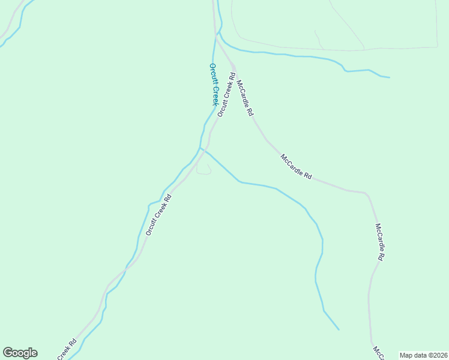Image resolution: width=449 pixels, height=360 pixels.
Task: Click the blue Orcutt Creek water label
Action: click(x=213, y=85)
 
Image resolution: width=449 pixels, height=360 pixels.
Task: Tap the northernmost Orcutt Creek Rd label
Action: click(x=226, y=94)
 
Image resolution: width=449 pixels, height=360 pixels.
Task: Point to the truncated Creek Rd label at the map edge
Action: click(x=67, y=350)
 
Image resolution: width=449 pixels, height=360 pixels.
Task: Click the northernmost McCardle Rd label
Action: click(x=245, y=98)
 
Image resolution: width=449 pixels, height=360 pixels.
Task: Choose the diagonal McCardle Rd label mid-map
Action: click(x=296, y=167)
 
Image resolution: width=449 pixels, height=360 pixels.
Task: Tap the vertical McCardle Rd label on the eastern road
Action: click(x=379, y=242)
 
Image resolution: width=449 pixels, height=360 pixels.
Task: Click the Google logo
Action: click(x=20, y=353)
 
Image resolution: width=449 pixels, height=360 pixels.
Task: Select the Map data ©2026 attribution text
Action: click(x=423, y=355)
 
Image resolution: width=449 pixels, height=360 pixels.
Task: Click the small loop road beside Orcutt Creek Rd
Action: click(x=204, y=170)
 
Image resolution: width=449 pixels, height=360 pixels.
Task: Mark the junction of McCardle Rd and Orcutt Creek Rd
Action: click(x=234, y=67)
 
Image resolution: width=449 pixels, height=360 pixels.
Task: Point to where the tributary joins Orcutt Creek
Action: click(x=200, y=148)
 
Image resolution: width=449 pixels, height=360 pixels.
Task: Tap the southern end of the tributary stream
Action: click(x=339, y=329)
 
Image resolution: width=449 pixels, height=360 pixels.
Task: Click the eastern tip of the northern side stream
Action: click(x=389, y=77)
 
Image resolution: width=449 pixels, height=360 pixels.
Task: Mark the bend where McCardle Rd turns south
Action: click(x=366, y=194)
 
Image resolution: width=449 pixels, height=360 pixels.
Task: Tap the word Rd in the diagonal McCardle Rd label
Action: click(x=308, y=176)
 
